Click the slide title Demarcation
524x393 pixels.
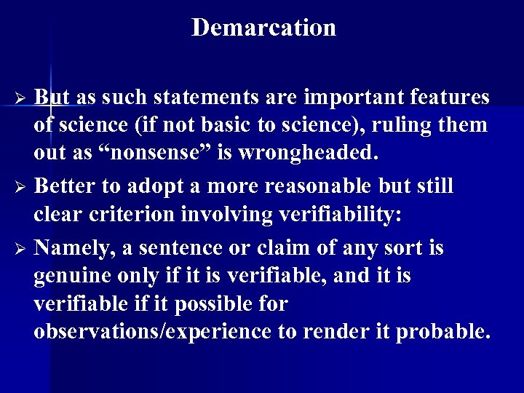click(263, 28)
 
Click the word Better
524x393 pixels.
click(68, 186)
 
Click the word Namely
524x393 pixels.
click(74, 248)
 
